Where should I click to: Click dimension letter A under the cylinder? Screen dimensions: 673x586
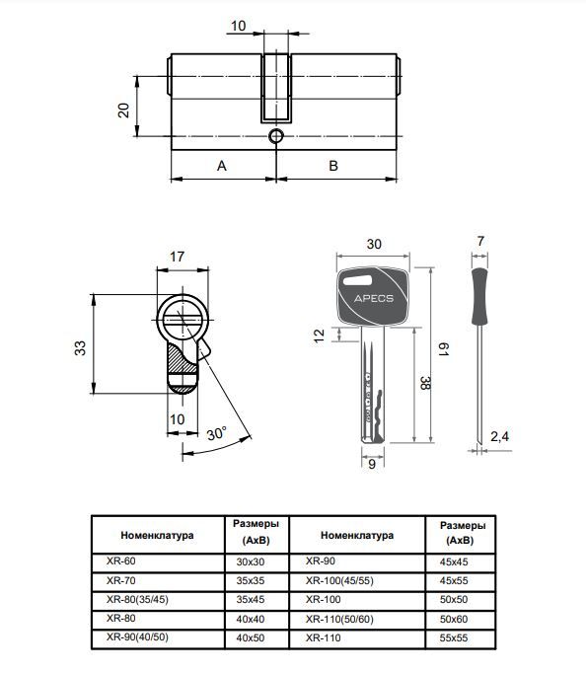[x=222, y=166]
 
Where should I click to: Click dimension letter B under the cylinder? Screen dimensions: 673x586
[x=333, y=166]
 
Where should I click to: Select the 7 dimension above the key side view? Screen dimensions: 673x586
[x=479, y=242]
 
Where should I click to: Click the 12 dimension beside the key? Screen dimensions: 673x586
[x=319, y=336]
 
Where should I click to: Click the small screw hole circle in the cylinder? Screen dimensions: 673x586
[x=276, y=136]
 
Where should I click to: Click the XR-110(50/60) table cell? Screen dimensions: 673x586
[x=337, y=619]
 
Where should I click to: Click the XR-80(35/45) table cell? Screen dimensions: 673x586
[x=137, y=599]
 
